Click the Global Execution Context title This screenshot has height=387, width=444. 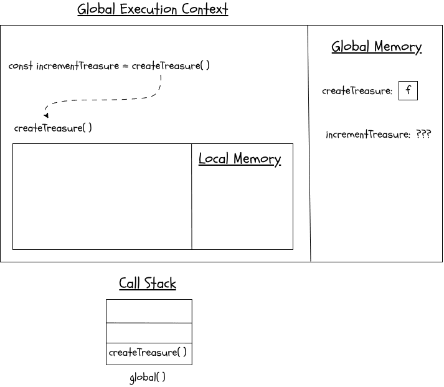click(153, 10)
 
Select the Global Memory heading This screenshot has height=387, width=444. click(376, 47)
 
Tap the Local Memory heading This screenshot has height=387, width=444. click(240, 159)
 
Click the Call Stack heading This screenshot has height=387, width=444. click(148, 284)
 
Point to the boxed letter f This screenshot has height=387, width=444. click(408, 90)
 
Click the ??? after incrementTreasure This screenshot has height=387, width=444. click(423, 135)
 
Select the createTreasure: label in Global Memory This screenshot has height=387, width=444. click(357, 91)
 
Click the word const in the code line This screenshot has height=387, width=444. click(21, 66)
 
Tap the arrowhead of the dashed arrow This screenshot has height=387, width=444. click(46, 115)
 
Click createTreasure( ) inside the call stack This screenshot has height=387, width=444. click(148, 353)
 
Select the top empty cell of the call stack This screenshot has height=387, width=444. click(149, 311)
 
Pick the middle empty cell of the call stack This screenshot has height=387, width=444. click(149, 333)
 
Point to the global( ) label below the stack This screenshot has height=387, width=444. click(148, 378)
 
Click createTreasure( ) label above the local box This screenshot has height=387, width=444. click(53, 128)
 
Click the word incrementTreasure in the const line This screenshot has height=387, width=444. click(77, 66)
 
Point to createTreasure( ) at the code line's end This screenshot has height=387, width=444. click(171, 66)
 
